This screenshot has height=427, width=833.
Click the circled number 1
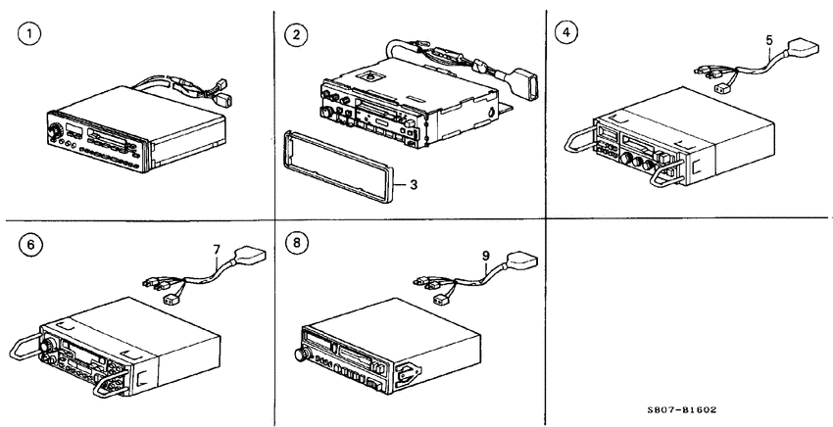[29, 34]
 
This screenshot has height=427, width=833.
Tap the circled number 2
[296, 35]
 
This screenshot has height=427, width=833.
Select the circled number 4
[565, 32]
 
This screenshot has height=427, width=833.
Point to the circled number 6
[30, 245]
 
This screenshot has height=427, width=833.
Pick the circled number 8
[296, 243]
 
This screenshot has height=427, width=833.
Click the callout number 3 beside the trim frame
[414, 185]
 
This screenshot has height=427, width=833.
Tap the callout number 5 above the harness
[769, 40]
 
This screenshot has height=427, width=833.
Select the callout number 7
[217, 249]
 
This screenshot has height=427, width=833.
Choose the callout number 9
[485, 256]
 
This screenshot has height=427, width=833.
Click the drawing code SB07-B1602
[682, 410]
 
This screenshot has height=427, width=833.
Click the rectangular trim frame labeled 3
[340, 166]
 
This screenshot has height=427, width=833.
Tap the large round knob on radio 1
[54, 130]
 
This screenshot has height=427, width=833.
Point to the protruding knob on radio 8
[302, 355]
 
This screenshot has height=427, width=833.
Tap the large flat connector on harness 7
[250, 255]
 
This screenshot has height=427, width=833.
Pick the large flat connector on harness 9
[522, 261]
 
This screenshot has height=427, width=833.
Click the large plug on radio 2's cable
[524, 82]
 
